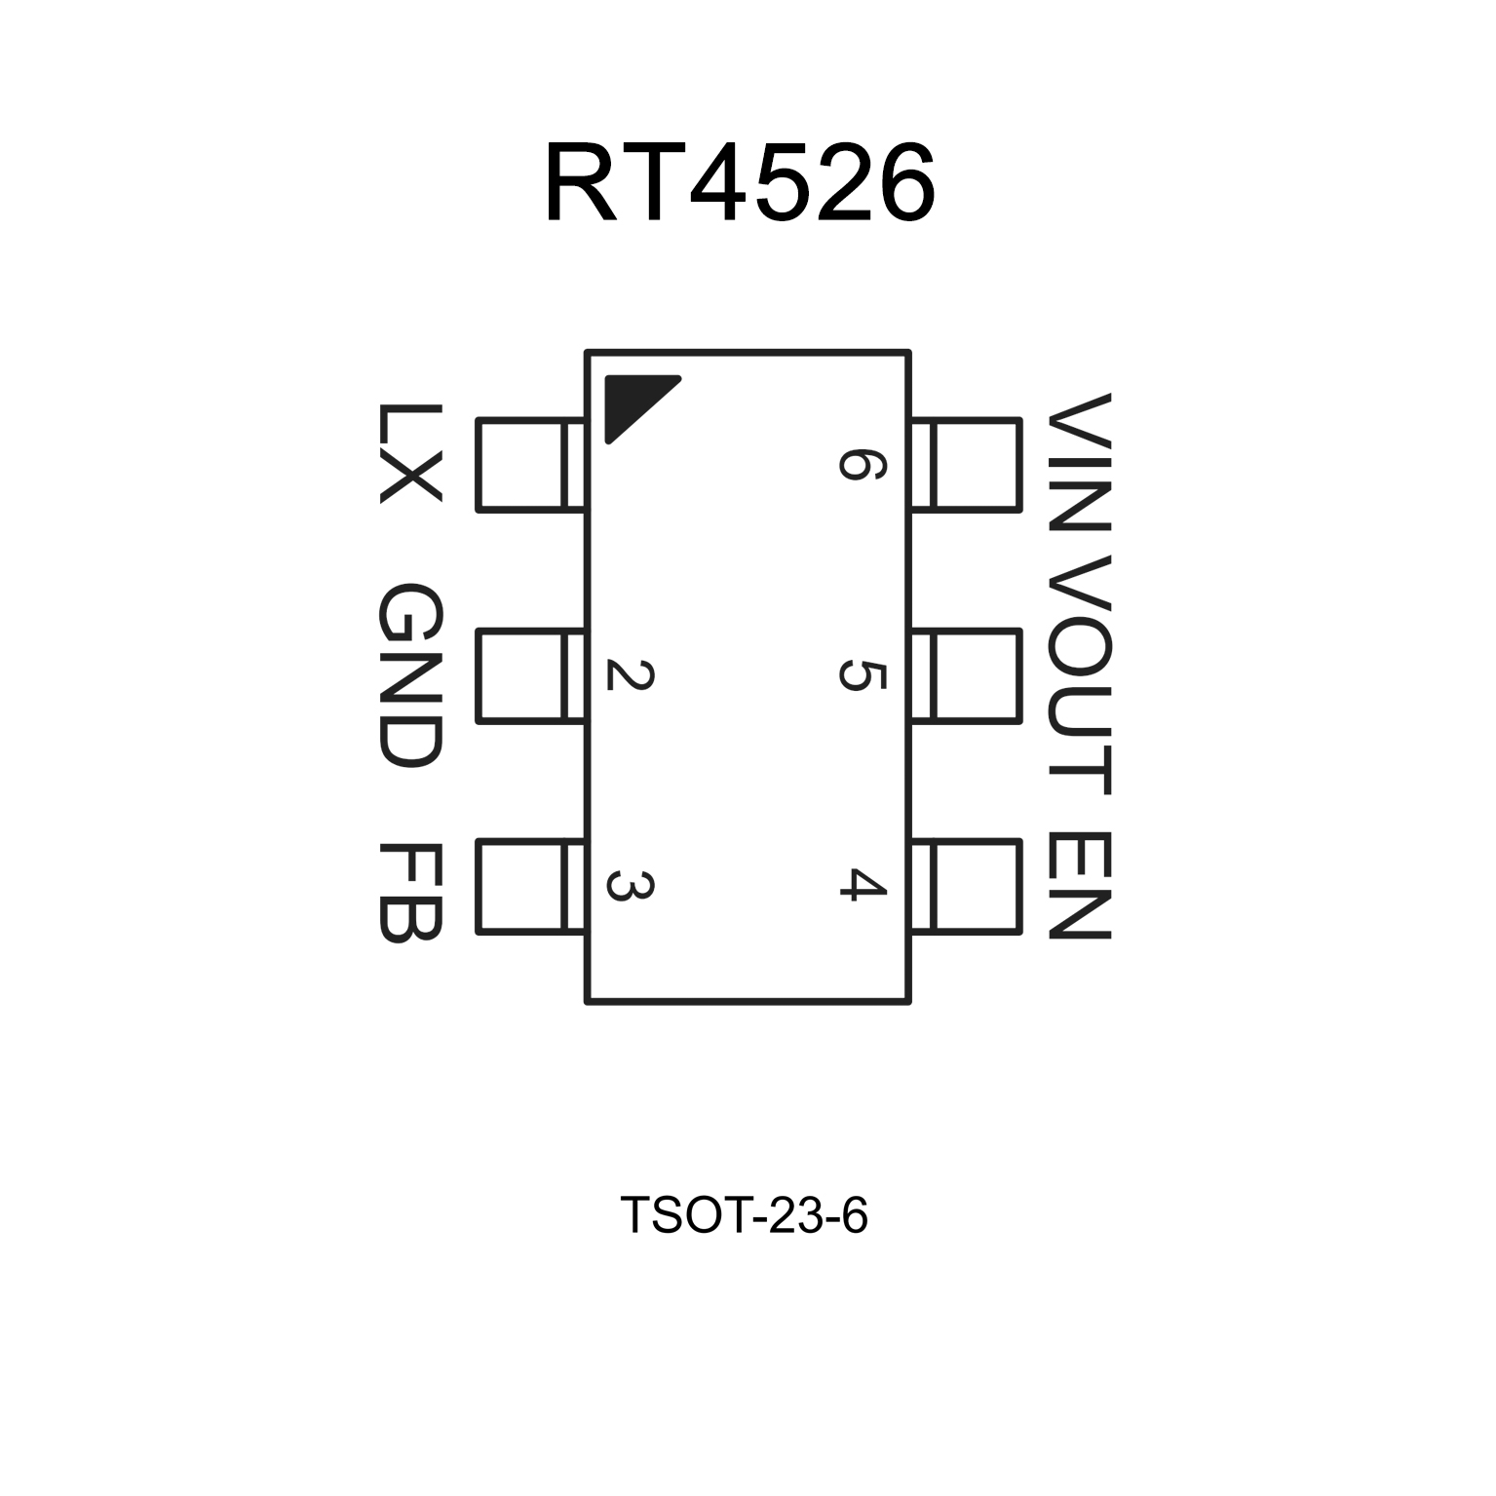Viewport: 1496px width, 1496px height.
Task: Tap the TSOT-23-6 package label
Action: (x=743, y=1215)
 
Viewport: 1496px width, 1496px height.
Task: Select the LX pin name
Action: (x=409, y=453)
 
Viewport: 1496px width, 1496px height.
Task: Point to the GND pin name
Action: (x=409, y=675)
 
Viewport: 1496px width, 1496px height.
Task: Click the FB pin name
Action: (x=409, y=891)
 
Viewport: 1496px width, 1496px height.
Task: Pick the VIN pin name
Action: (x=1079, y=462)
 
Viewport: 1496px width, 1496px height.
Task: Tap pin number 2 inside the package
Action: (x=629, y=675)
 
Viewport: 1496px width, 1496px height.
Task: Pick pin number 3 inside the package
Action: (x=629, y=886)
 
